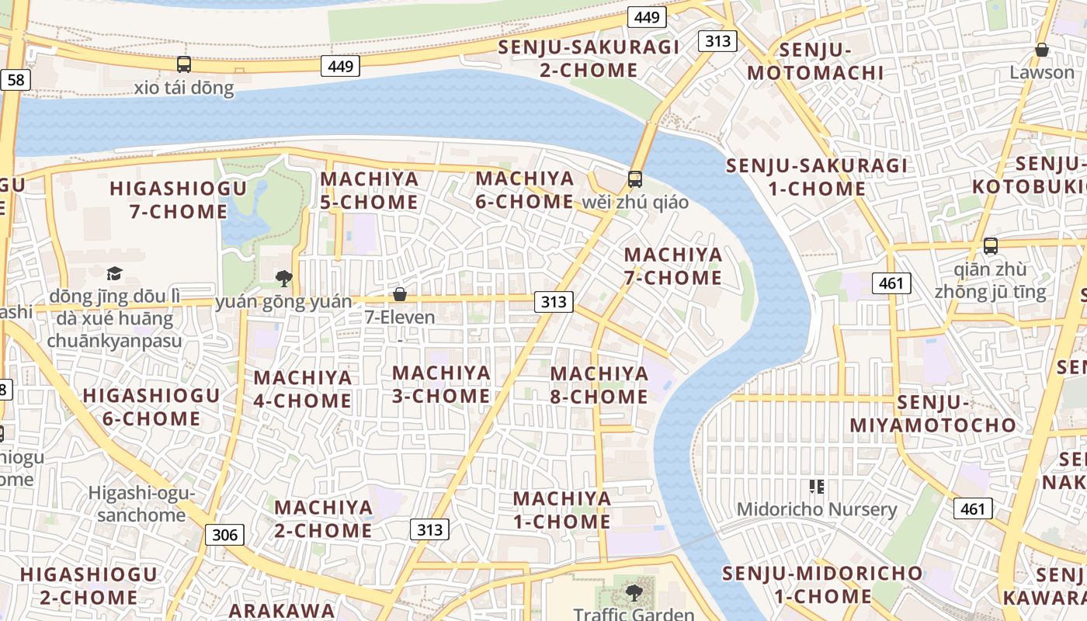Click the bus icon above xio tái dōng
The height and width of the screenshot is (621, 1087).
click(x=184, y=64)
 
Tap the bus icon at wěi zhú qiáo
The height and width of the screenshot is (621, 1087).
click(x=635, y=179)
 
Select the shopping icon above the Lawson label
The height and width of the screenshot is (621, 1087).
click(x=1042, y=50)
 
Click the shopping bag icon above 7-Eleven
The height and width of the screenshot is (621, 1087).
click(x=400, y=294)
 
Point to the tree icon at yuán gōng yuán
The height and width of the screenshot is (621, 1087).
click(x=284, y=278)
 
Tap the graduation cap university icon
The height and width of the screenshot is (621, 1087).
click(x=115, y=272)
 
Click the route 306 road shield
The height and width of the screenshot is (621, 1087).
click(x=225, y=534)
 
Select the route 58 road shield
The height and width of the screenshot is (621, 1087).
click(x=15, y=79)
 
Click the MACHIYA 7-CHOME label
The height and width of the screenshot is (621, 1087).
click(x=673, y=266)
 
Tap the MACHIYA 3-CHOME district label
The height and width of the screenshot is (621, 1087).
click(x=441, y=384)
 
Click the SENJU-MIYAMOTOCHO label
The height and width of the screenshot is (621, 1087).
click(x=932, y=414)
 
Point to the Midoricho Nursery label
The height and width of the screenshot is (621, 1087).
click(x=816, y=510)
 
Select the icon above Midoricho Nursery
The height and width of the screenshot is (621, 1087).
click(x=816, y=487)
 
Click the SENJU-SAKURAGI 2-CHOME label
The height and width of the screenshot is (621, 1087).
click(x=589, y=58)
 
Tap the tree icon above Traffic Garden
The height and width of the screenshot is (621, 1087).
click(x=634, y=593)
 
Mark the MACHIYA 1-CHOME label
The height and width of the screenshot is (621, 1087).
click(x=562, y=510)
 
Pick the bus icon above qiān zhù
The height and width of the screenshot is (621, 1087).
click(x=991, y=246)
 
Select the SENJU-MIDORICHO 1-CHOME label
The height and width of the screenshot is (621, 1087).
click(x=823, y=585)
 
